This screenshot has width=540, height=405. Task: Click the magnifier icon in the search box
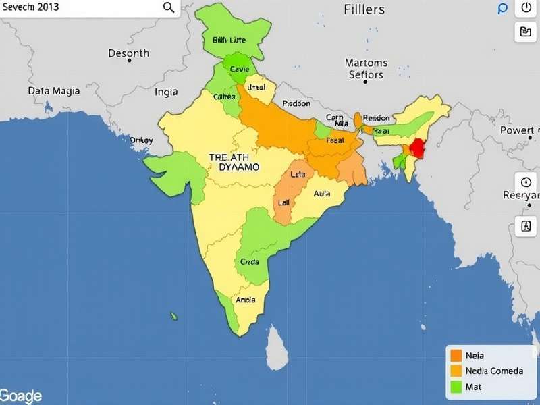pyautogui.click(x=169, y=7)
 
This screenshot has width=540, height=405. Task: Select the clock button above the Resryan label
pyautogui.click(x=526, y=182)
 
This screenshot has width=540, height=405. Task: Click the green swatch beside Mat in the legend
pyautogui.click(x=456, y=387)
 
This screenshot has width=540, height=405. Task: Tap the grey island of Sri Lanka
pyautogui.click(x=276, y=346)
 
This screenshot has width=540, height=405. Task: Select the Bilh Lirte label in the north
pyautogui.click(x=230, y=40)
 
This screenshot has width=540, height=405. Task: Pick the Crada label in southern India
pyautogui.click(x=250, y=262)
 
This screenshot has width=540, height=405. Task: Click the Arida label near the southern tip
pyautogui.click(x=244, y=300)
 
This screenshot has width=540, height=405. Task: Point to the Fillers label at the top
pyautogui.click(x=364, y=9)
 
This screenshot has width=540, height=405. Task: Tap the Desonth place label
pyautogui.click(x=129, y=53)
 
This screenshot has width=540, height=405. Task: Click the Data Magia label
pyautogui.click(x=54, y=90)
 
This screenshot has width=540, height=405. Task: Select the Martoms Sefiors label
pyautogui.click(x=366, y=69)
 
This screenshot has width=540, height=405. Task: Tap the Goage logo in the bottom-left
pyautogui.click(x=21, y=396)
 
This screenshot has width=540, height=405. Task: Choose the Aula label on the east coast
pyautogui.click(x=322, y=194)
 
